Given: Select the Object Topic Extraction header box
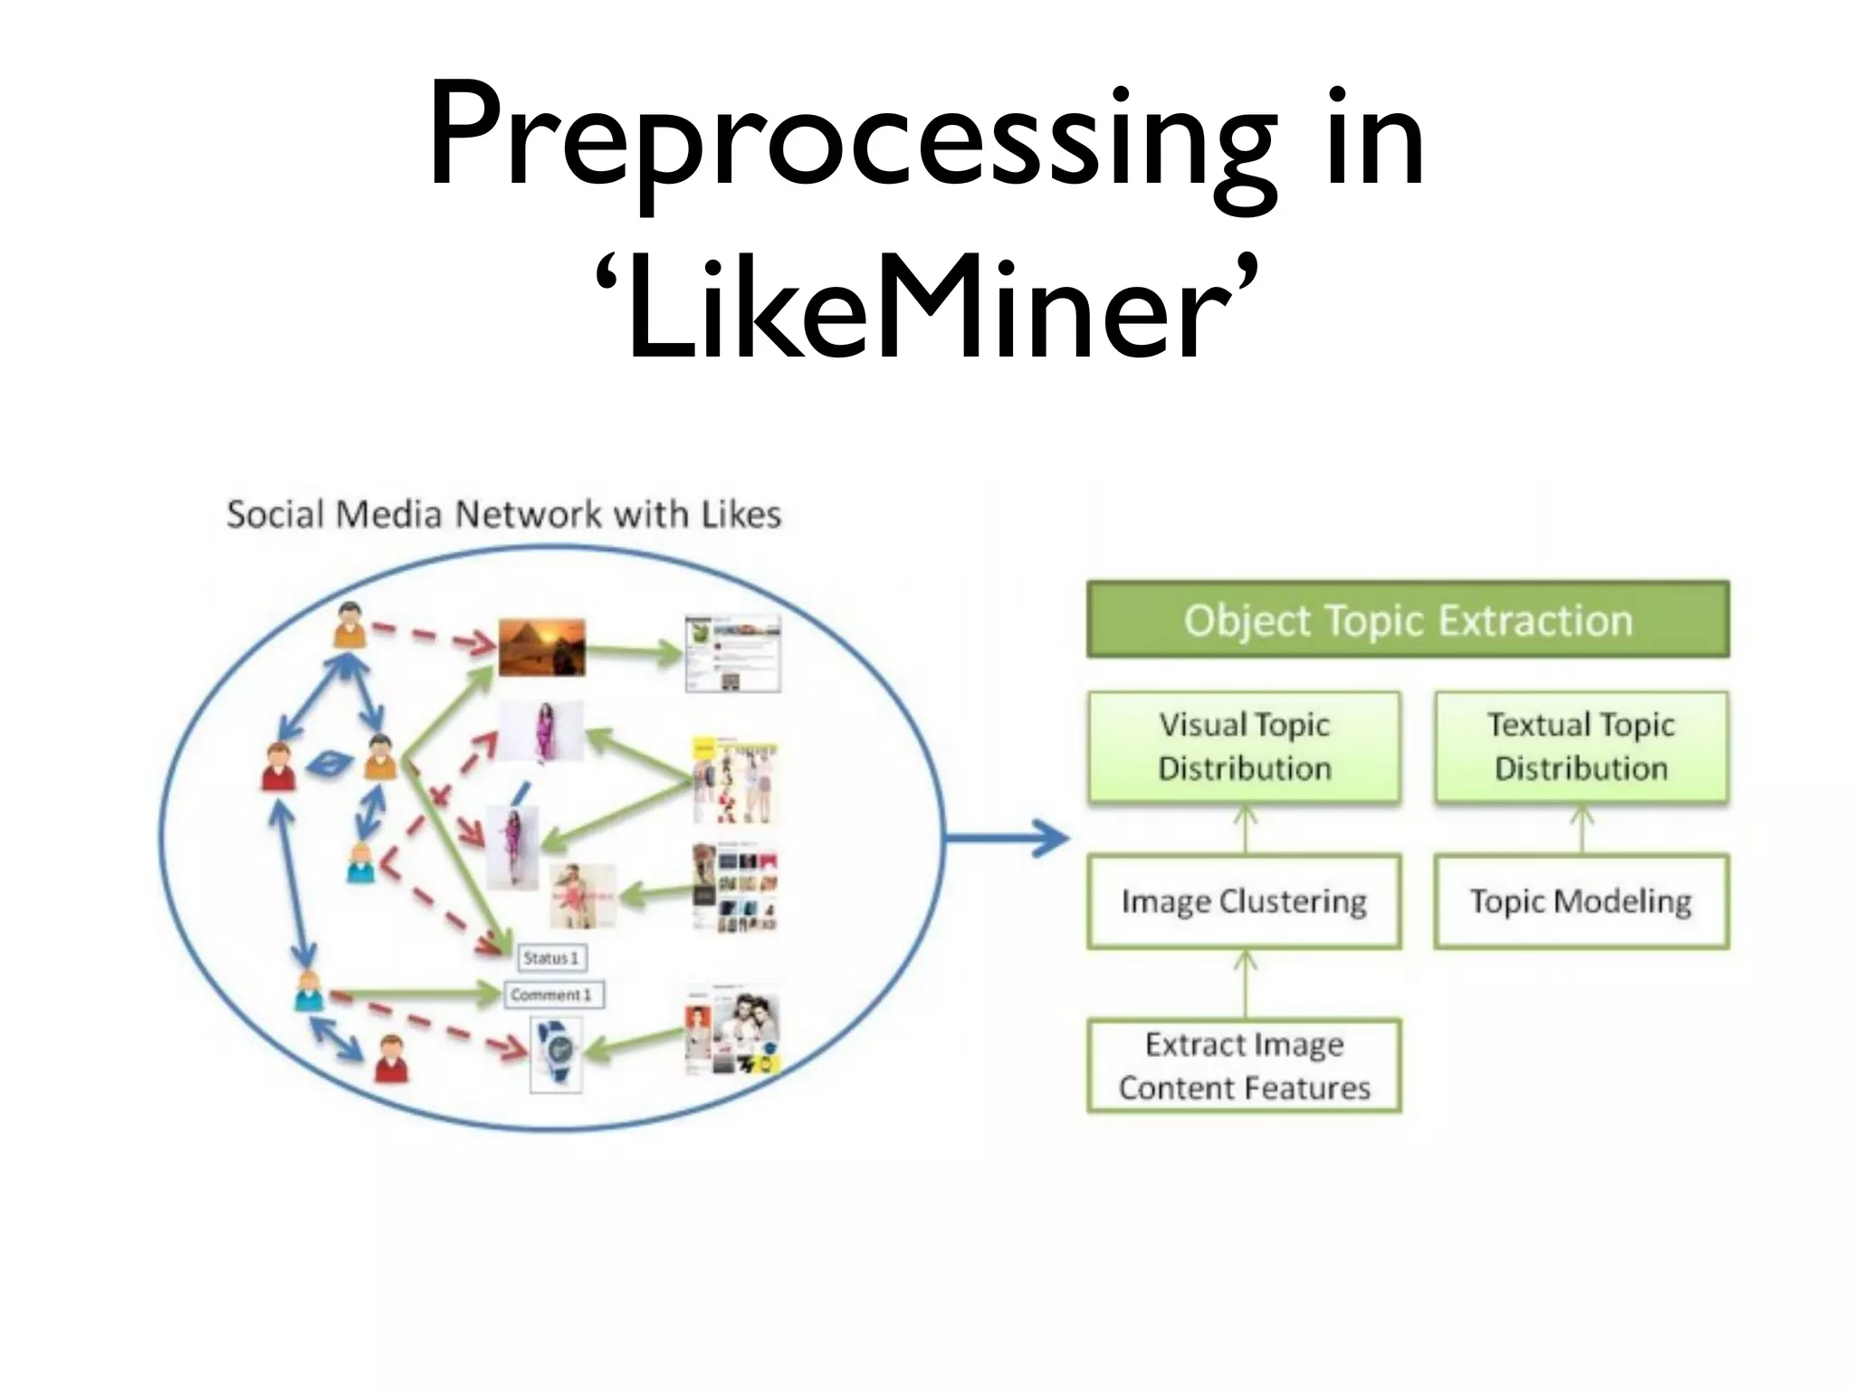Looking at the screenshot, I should (1407, 620).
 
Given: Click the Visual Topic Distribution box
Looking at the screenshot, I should (1244, 747).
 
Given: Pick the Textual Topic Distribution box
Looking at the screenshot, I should (1581, 747).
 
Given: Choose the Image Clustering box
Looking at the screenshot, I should (1244, 901).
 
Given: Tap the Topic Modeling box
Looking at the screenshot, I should (1581, 901).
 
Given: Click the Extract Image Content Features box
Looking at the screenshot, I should (1244, 1065).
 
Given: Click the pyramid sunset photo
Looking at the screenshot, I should (541, 647).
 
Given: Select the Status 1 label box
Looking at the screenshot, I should (550, 957).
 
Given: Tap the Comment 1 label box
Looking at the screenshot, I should (552, 995).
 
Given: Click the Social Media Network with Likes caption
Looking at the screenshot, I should (503, 514).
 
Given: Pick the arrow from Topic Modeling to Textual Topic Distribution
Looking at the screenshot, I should (1582, 829).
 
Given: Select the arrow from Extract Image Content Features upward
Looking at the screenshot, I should (1245, 983).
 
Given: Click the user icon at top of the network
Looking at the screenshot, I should (349, 624).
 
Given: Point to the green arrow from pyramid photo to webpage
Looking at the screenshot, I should (633, 650).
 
